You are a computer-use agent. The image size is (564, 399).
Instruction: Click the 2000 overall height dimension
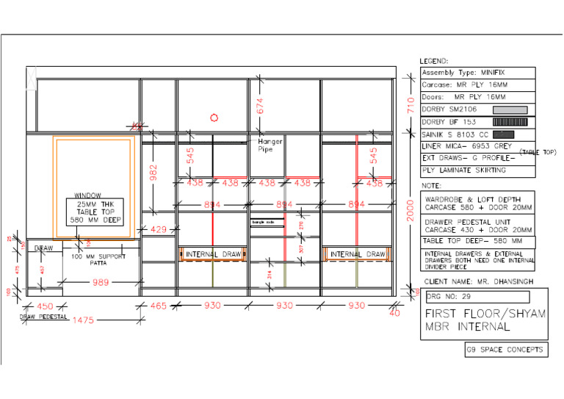(411, 211)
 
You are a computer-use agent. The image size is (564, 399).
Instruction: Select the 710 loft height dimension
(411, 104)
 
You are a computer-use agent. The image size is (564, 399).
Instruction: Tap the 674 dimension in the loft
(259, 104)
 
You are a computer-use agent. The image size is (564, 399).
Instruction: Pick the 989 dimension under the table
(101, 282)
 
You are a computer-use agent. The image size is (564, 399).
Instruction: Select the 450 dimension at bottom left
(45, 306)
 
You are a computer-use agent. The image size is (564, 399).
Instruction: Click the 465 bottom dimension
(159, 306)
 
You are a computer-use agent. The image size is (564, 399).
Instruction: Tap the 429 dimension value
(159, 230)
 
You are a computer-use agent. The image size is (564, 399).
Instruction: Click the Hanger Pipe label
(265, 145)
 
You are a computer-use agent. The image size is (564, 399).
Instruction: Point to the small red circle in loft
(214, 117)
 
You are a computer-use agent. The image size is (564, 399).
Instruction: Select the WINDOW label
(87, 195)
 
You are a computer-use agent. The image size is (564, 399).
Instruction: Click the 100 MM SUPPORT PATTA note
(99, 259)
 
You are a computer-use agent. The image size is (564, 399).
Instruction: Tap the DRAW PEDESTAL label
(43, 317)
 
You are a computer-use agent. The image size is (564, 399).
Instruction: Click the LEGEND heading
(434, 61)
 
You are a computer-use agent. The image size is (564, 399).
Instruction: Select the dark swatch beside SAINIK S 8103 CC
(503, 134)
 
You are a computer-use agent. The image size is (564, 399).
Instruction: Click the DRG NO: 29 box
(477, 296)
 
